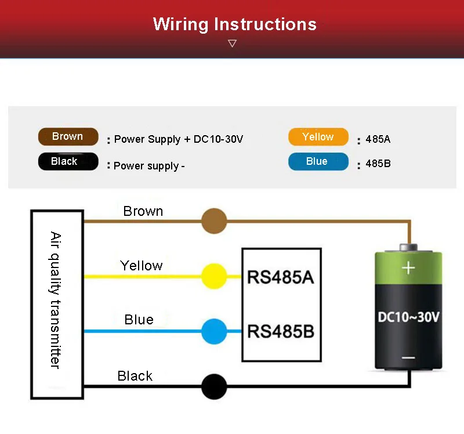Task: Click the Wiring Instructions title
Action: tap(235, 24)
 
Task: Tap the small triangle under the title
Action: tap(233, 44)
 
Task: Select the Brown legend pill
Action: tap(68, 137)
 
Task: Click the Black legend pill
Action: tap(68, 162)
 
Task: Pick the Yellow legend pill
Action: tap(318, 137)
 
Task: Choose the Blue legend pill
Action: tap(318, 162)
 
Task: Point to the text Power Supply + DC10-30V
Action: tap(178, 139)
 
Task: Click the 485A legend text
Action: tap(378, 140)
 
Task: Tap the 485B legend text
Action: tap(378, 164)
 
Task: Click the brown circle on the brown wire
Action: tap(213, 221)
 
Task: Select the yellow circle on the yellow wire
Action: tap(213, 276)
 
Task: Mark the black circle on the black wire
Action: tap(213, 386)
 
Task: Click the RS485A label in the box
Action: tap(280, 277)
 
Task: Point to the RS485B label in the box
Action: tap(280, 332)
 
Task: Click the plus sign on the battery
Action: tap(409, 267)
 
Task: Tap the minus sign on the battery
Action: tap(408, 358)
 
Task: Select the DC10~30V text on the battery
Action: tap(408, 317)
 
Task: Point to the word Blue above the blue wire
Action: tap(139, 320)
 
